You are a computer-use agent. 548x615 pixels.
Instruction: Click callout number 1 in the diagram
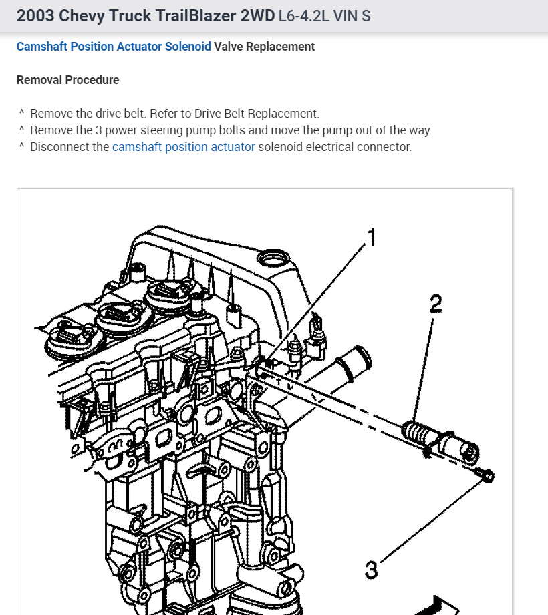[x=370, y=236]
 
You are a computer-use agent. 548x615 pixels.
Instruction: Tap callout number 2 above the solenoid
[x=435, y=304]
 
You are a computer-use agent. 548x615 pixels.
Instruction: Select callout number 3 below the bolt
[x=371, y=570]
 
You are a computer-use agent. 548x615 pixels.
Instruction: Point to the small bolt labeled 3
[x=486, y=475]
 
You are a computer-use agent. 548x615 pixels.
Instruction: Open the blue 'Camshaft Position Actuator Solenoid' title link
[x=114, y=47]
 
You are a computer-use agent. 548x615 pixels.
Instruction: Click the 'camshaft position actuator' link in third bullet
[x=183, y=147]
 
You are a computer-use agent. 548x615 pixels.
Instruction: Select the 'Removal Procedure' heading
[x=67, y=80]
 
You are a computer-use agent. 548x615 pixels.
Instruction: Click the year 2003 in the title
[x=35, y=15]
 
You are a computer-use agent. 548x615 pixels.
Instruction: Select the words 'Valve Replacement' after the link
[x=265, y=47]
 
